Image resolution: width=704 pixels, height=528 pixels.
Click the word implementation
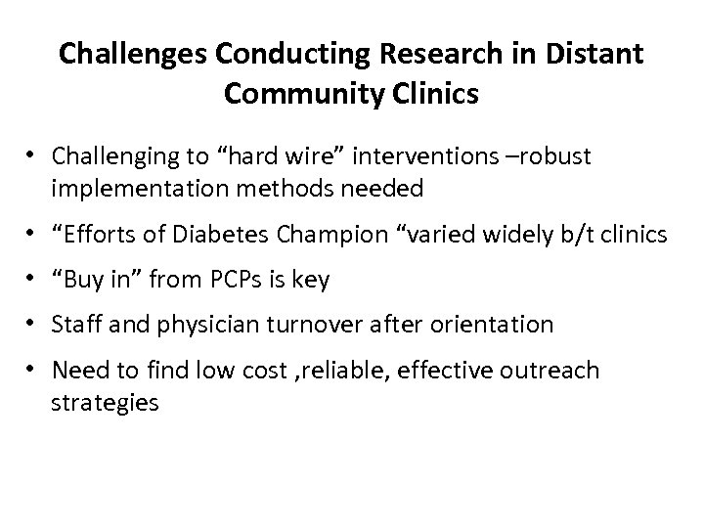pos(153,188)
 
